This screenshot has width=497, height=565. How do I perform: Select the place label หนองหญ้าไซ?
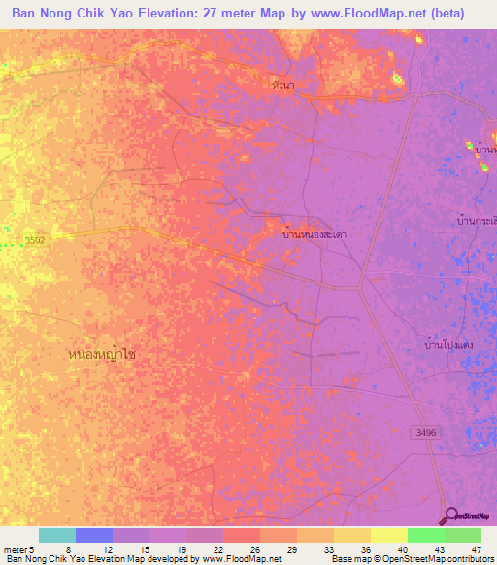[x=103, y=355]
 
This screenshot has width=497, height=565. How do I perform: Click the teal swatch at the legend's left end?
[x=57, y=535]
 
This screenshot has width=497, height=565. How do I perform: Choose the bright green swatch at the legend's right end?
[x=462, y=535]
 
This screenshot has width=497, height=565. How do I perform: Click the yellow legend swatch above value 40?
[x=388, y=535]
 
